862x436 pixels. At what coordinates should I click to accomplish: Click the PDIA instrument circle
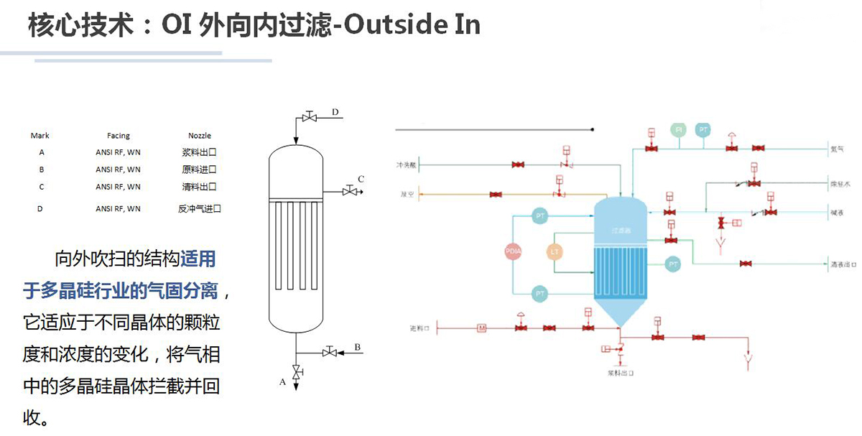pos(514,252)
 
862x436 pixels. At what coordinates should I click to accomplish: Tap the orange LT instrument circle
pos(554,252)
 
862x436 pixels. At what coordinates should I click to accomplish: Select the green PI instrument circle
pos(677,129)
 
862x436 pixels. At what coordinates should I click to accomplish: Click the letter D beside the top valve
pos(335,111)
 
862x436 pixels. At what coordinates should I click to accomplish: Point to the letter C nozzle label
pos(361,179)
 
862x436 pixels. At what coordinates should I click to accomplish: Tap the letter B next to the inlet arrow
pos(358,348)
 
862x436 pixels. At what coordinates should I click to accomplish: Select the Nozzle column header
pos(200,135)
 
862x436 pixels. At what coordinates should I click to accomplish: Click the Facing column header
pos(119,135)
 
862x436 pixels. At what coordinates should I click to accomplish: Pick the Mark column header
pos(40,135)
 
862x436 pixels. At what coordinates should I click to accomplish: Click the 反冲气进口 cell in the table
pos(200,209)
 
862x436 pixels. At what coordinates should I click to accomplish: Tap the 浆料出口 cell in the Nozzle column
pos(199,152)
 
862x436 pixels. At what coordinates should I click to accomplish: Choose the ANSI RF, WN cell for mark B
pos(119,170)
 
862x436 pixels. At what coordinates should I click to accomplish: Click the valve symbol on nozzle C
pos(350,190)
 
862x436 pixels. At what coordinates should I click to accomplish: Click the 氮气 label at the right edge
pos(837,149)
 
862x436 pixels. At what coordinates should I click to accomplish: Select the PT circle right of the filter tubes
pos(673,264)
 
